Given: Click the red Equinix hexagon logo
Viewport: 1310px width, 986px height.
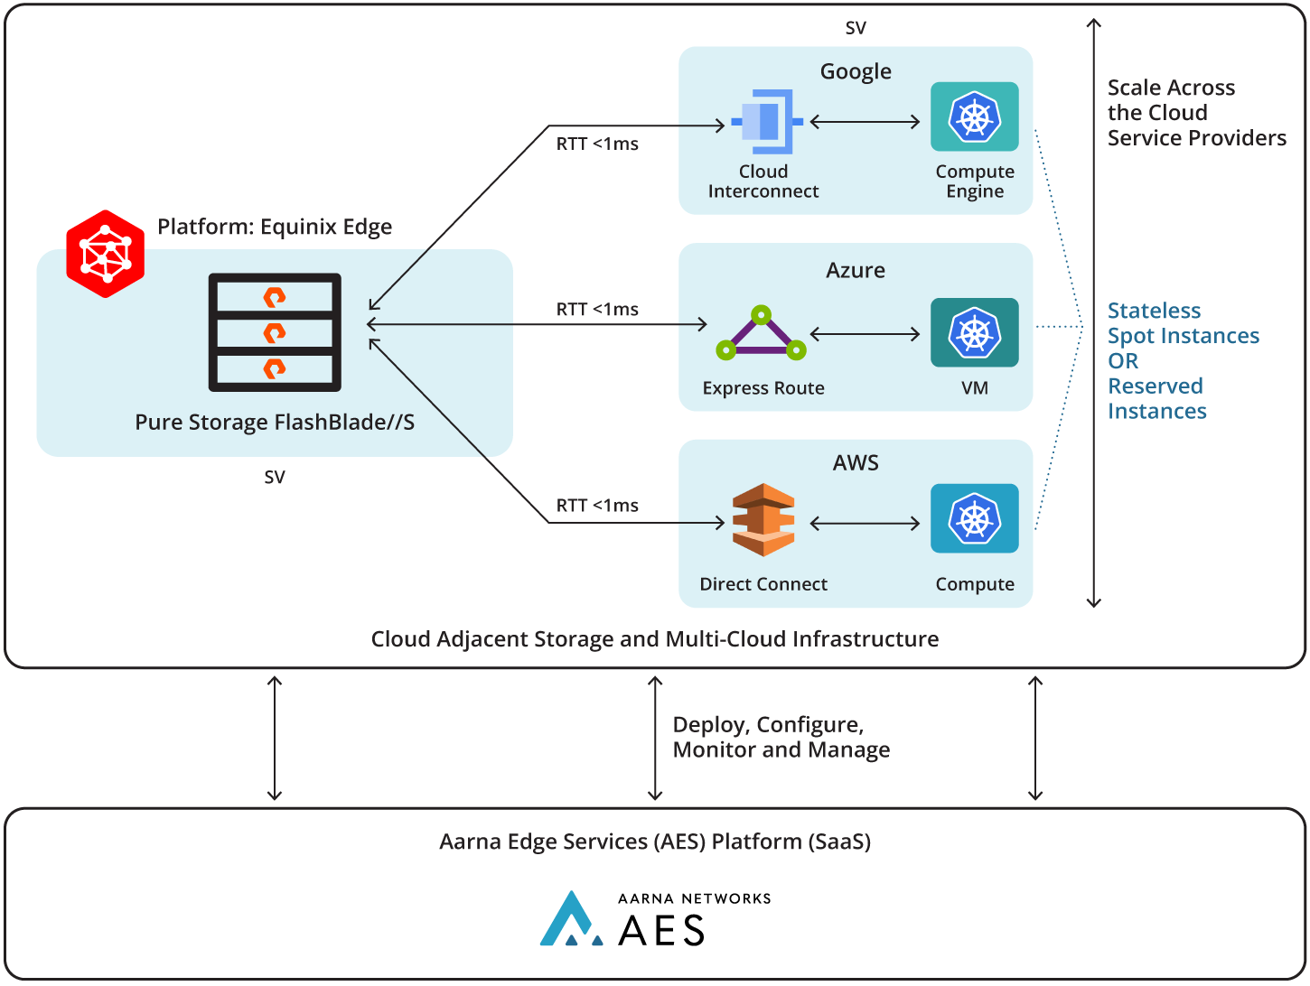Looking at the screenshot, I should point(106,254).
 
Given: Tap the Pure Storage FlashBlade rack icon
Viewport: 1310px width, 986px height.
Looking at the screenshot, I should point(275,332).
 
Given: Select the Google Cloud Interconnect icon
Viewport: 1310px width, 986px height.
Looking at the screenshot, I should point(766,122).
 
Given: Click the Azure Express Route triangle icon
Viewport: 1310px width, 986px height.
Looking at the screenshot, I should point(761,334).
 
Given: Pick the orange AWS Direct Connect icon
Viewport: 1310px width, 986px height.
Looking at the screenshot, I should point(763,520).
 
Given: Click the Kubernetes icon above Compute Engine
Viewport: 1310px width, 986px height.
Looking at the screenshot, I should point(974,117).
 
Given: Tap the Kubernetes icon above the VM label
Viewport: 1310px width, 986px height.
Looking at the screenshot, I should point(974,332).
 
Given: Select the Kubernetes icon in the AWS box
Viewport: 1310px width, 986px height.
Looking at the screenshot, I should point(974,518).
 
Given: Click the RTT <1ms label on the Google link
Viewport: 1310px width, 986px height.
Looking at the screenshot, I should point(597,144).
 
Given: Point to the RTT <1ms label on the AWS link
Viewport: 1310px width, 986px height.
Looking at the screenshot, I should point(597,506).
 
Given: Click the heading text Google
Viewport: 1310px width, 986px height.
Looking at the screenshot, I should point(856,71).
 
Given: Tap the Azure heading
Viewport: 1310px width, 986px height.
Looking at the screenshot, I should point(856,270).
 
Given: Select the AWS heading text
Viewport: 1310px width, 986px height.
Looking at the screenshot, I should point(856,463).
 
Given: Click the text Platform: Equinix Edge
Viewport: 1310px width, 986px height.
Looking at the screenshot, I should point(275,227).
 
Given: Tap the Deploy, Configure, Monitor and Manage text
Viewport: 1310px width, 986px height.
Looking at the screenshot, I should point(781,738).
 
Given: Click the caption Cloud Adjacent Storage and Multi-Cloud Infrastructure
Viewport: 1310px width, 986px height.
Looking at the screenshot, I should point(655,639).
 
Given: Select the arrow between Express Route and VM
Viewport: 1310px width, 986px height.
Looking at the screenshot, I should point(865,334).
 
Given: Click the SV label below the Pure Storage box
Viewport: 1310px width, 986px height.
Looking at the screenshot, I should point(275,477).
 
